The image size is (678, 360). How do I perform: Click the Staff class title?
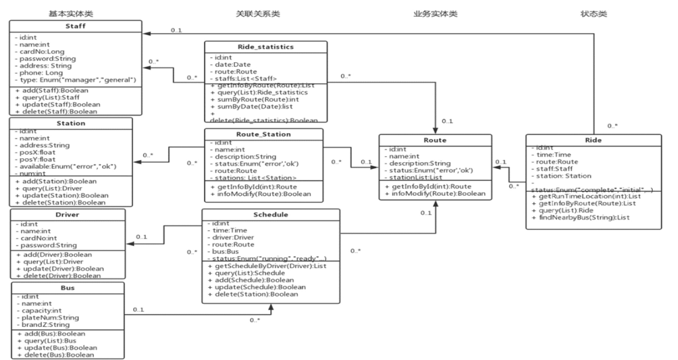75,26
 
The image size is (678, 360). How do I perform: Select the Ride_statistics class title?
266,46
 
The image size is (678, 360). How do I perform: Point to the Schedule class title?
271,215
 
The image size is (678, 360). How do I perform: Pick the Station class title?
70,122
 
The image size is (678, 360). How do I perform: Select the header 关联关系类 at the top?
258,13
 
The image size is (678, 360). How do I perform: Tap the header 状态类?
593,13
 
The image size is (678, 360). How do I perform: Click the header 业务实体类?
435,13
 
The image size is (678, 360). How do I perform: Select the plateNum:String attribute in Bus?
48,318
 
